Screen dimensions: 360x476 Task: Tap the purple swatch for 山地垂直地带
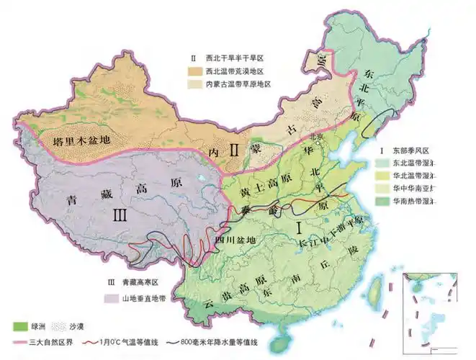pos(114,297)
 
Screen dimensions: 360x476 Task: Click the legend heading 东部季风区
pos(408,150)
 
